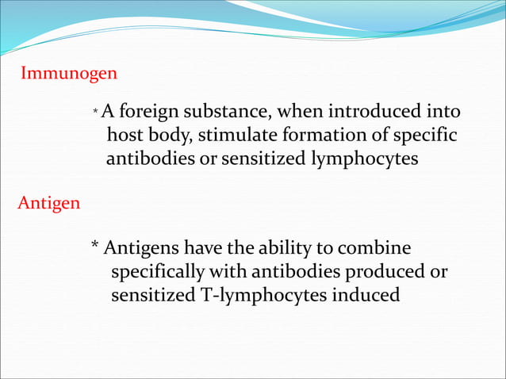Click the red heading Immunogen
click(x=69, y=74)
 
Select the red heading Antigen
click(x=48, y=203)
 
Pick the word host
click(x=125, y=135)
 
